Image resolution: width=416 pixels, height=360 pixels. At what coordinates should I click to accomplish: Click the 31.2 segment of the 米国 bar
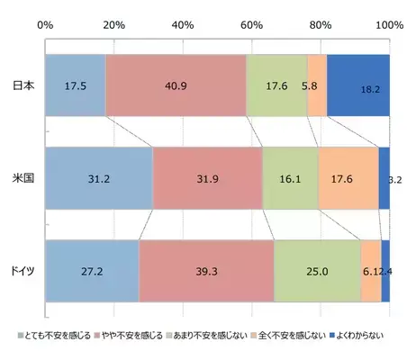(x=99, y=178)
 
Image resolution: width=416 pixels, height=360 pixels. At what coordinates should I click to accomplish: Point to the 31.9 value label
(x=207, y=179)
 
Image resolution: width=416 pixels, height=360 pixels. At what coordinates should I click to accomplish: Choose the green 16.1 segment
(x=290, y=178)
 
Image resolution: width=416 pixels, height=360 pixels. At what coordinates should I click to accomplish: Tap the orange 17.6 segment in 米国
(x=348, y=178)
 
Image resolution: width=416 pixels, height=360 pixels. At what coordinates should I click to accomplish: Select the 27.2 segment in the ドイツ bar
(x=92, y=271)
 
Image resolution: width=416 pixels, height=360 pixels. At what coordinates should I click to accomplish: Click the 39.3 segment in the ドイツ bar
(x=206, y=271)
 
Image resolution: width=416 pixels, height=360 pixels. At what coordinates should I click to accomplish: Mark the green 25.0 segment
(x=317, y=271)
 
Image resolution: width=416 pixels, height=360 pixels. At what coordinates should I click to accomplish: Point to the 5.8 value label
(x=309, y=86)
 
